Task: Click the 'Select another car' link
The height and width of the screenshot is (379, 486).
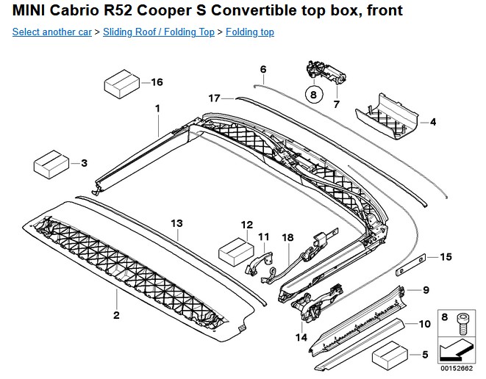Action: click(x=51, y=33)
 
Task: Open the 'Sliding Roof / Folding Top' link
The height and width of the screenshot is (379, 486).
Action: click(x=159, y=33)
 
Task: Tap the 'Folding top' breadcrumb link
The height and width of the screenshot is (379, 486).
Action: click(x=250, y=33)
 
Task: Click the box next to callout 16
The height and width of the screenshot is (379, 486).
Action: click(x=121, y=83)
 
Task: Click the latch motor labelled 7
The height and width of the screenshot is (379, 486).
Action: click(x=324, y=71)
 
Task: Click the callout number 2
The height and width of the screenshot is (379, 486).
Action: click(x=115, y=315)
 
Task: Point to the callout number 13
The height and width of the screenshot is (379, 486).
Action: click(x=176, y=223)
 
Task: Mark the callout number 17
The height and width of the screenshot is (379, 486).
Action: click(x=214, y=98)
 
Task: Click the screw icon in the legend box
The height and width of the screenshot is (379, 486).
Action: click(x=462, y=319)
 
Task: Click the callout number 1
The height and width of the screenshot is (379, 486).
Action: click(x=157, y=109)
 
